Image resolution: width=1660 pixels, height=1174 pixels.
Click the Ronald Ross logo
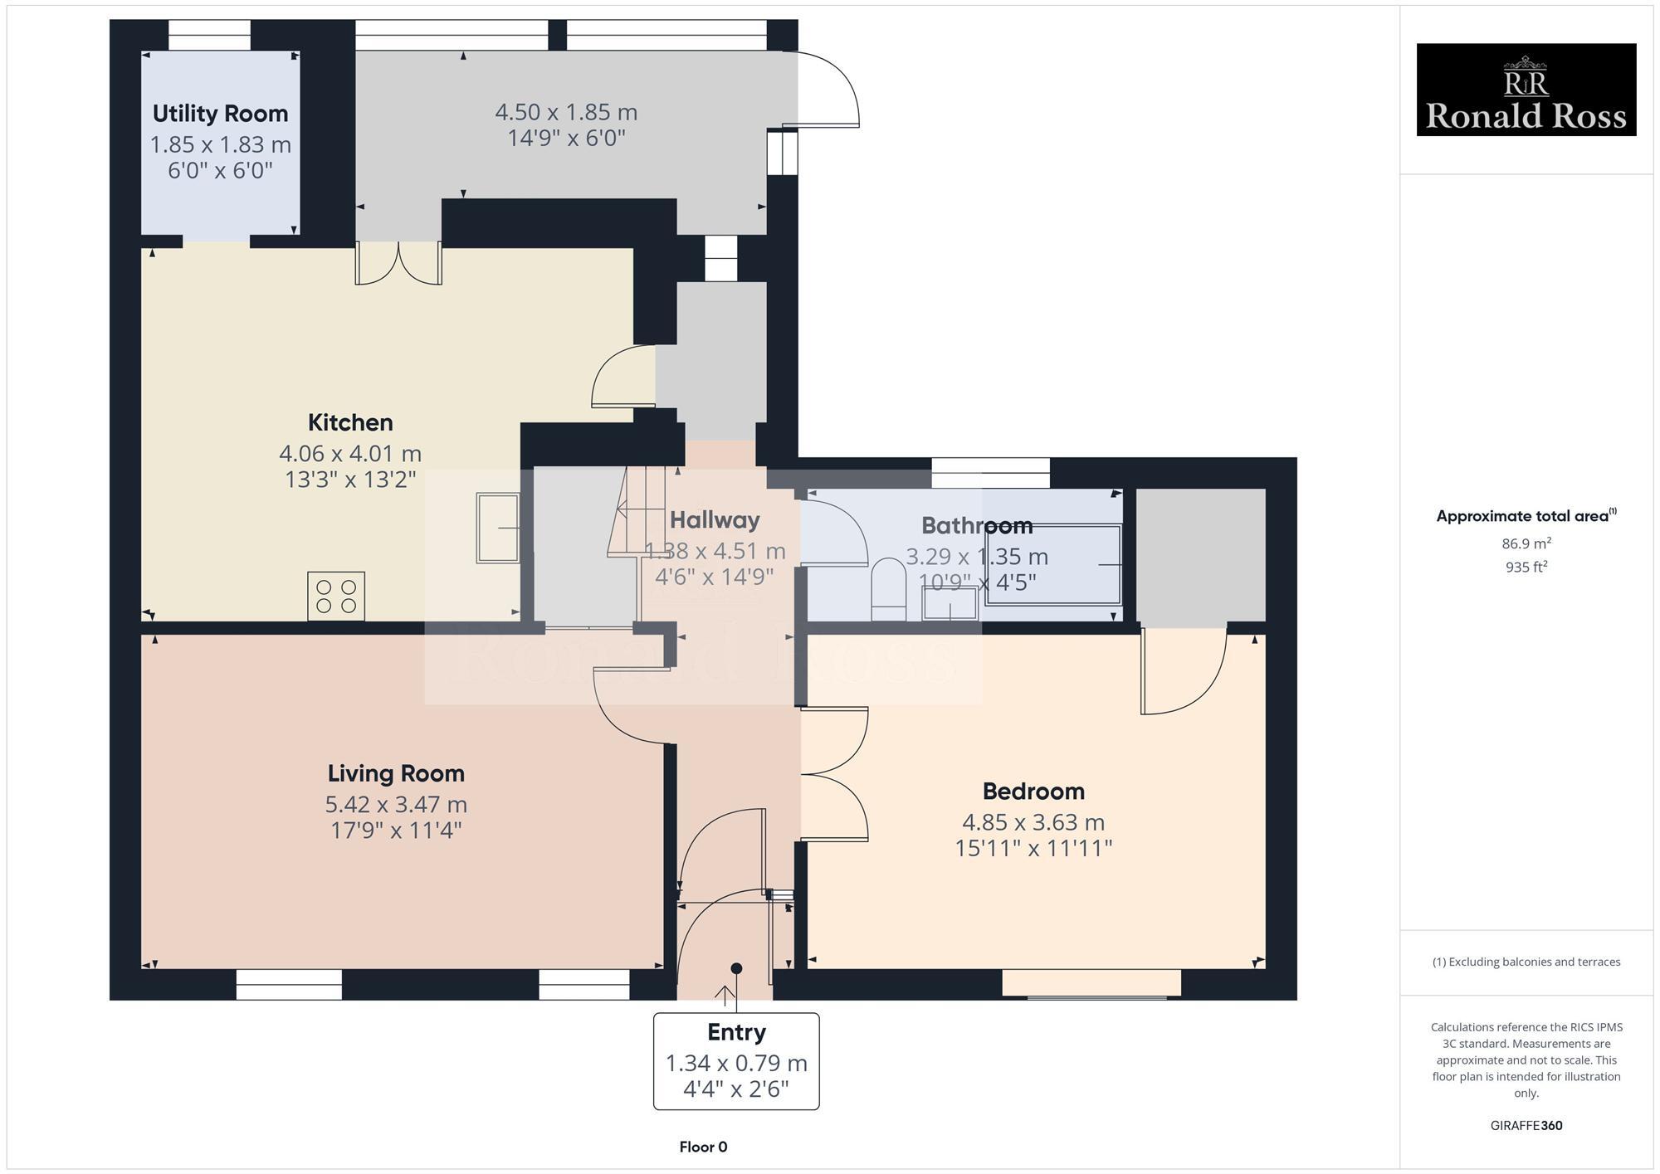(x=1526, y=90)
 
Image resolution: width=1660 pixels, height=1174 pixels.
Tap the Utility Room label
(x=220, y=114)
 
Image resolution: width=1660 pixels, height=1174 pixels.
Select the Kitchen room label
(x=350, y=422)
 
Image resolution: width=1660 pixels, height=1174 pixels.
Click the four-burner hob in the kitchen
(x=336, y=596)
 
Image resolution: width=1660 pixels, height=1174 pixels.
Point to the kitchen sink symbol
(x=497, y=528)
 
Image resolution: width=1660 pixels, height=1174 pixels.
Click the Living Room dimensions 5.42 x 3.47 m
(x=396, y=804)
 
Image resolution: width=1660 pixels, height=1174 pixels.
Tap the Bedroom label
(x=1033, y=791)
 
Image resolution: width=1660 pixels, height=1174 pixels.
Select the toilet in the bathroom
(x=889, y=587)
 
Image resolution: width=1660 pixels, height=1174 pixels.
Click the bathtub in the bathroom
(x=1052, y=564)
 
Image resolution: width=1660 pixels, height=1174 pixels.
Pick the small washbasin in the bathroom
(x=950, y=603)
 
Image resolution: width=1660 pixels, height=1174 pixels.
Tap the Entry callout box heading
(x=736, y=1032)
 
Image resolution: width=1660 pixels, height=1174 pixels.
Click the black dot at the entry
(x=736, y=968)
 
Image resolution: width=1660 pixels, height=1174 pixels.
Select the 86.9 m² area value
(x=1526, y=543)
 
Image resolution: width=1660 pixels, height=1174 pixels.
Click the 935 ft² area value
(x=1526, y=568)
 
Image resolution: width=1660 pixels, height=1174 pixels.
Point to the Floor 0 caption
(x=703, y=1147)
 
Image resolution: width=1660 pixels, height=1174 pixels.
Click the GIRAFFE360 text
(x=1526, y=1126)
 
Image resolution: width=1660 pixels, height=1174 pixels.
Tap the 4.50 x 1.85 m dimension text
(x=566, y=112)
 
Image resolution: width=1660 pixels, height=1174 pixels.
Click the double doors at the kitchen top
(x=398, y=264)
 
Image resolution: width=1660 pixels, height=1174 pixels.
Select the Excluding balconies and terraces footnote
(x=1526, y=962)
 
